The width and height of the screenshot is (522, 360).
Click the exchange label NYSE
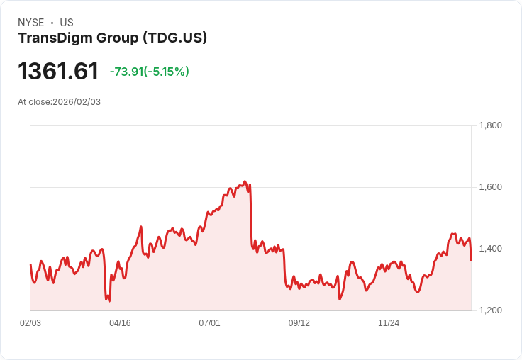tap(31, 23)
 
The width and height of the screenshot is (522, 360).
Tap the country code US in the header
tap(66, 23)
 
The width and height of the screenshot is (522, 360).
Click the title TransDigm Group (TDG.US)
tap(112, 38)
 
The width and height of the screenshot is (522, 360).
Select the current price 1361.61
tap(58, 72)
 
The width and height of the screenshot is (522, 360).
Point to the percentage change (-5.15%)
tap(167, 72)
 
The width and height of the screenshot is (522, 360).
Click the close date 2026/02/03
tap(77, 102)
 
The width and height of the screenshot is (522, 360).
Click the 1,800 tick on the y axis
tap(490, 125)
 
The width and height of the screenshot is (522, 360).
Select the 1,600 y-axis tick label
tap(490, 187)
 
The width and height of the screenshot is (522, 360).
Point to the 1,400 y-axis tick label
tap(490, 249)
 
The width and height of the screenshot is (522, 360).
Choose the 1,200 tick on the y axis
tap(490, 310)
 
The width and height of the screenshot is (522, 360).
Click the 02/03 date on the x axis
tap(30, 323)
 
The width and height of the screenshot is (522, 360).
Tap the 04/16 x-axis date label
tap(120, 323)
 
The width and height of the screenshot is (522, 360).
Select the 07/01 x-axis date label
tap(209, 323)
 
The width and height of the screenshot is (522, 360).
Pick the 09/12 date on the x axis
tap(299, 323)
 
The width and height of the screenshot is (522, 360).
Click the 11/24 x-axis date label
tap(388, 323)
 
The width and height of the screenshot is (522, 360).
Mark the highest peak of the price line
tap(245, 181)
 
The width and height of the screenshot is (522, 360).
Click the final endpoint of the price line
tap(471, 260)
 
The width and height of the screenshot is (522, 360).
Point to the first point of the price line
tap(30, 264)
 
